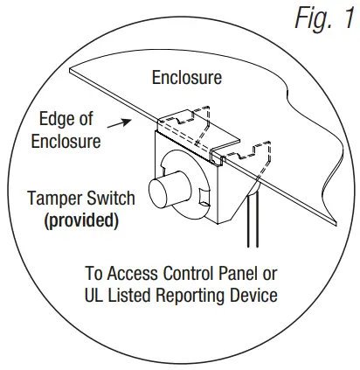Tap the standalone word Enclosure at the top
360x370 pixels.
coord(186,78)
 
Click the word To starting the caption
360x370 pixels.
coord(94,272)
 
